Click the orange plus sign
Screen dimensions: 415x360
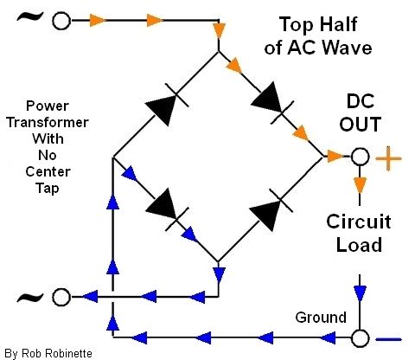389,158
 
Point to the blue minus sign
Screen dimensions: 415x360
389,339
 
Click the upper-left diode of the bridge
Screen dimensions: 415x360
167,105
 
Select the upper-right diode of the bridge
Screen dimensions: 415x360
272,103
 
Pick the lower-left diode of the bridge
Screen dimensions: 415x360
168,209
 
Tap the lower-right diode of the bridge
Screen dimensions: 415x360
271,209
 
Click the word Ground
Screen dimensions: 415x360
321,318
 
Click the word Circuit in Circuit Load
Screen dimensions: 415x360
359,222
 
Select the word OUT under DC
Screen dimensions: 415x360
361,124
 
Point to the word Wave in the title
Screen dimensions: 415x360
347,48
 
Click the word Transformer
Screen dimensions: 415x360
48,122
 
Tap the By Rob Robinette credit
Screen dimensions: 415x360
48,353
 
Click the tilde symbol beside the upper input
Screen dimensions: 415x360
30,16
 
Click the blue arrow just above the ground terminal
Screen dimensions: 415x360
360,293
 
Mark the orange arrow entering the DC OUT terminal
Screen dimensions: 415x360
336,157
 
